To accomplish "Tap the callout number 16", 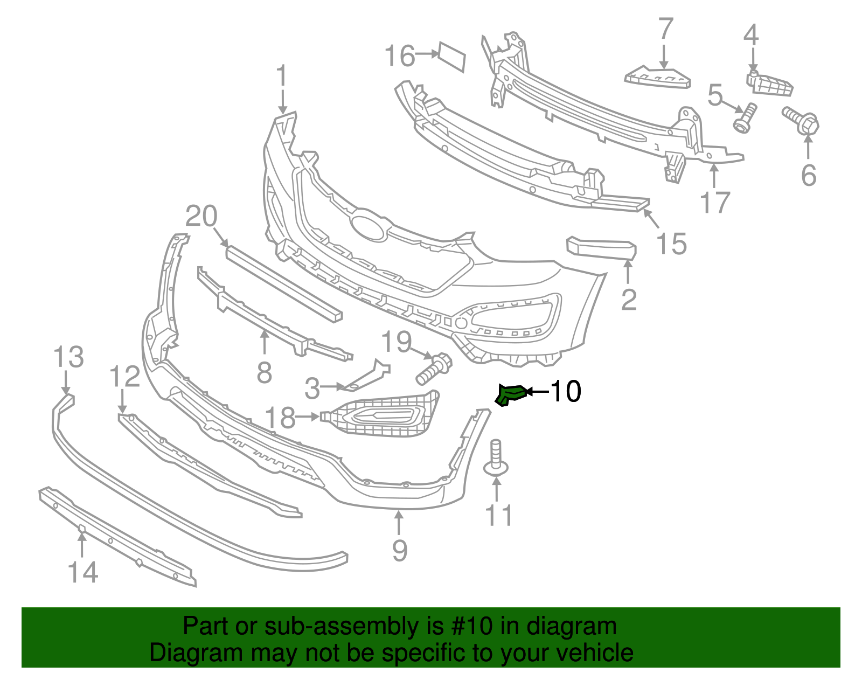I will click(x=400, y=55).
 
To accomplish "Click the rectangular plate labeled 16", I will click(x=451, y=56).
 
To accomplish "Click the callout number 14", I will click(x=83, y=572).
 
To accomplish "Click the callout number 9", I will click(x=399, y=550).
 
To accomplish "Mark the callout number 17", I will click(x=714, y=203).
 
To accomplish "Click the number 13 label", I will click(x=69, y=357).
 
